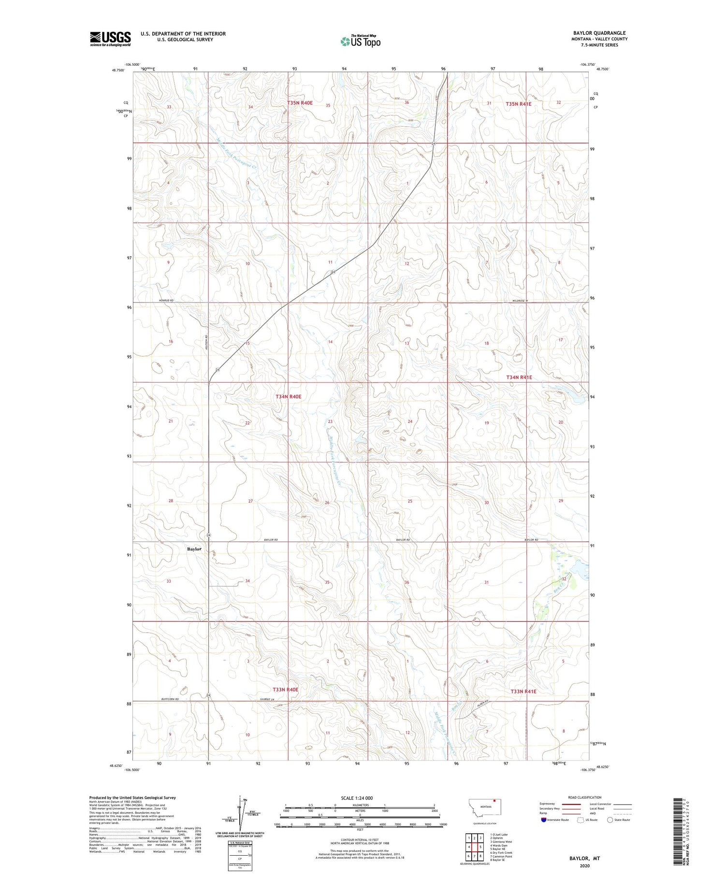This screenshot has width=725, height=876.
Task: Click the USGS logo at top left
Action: pyautogui.click(x=110, y=39)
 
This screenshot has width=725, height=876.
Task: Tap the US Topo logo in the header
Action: pyautogui.click(x=361, y=42)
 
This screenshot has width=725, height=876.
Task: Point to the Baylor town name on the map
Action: pyautogui.click(x=194, y=549)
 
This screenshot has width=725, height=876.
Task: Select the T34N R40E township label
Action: pyautogui.click(x=289, y=397)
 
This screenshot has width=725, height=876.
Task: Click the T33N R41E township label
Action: pyautogui.click(x=523, y=691)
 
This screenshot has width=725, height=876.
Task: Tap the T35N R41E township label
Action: pyautogui.click(x=519, y=104)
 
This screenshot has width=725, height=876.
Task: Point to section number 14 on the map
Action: pyautogui.click(x=331, y=342)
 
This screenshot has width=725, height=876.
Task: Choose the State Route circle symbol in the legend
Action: pyautogui.click(x=610, y=820)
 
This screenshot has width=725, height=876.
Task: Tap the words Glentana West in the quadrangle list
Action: pyautogui.click(x=502, y=842)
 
